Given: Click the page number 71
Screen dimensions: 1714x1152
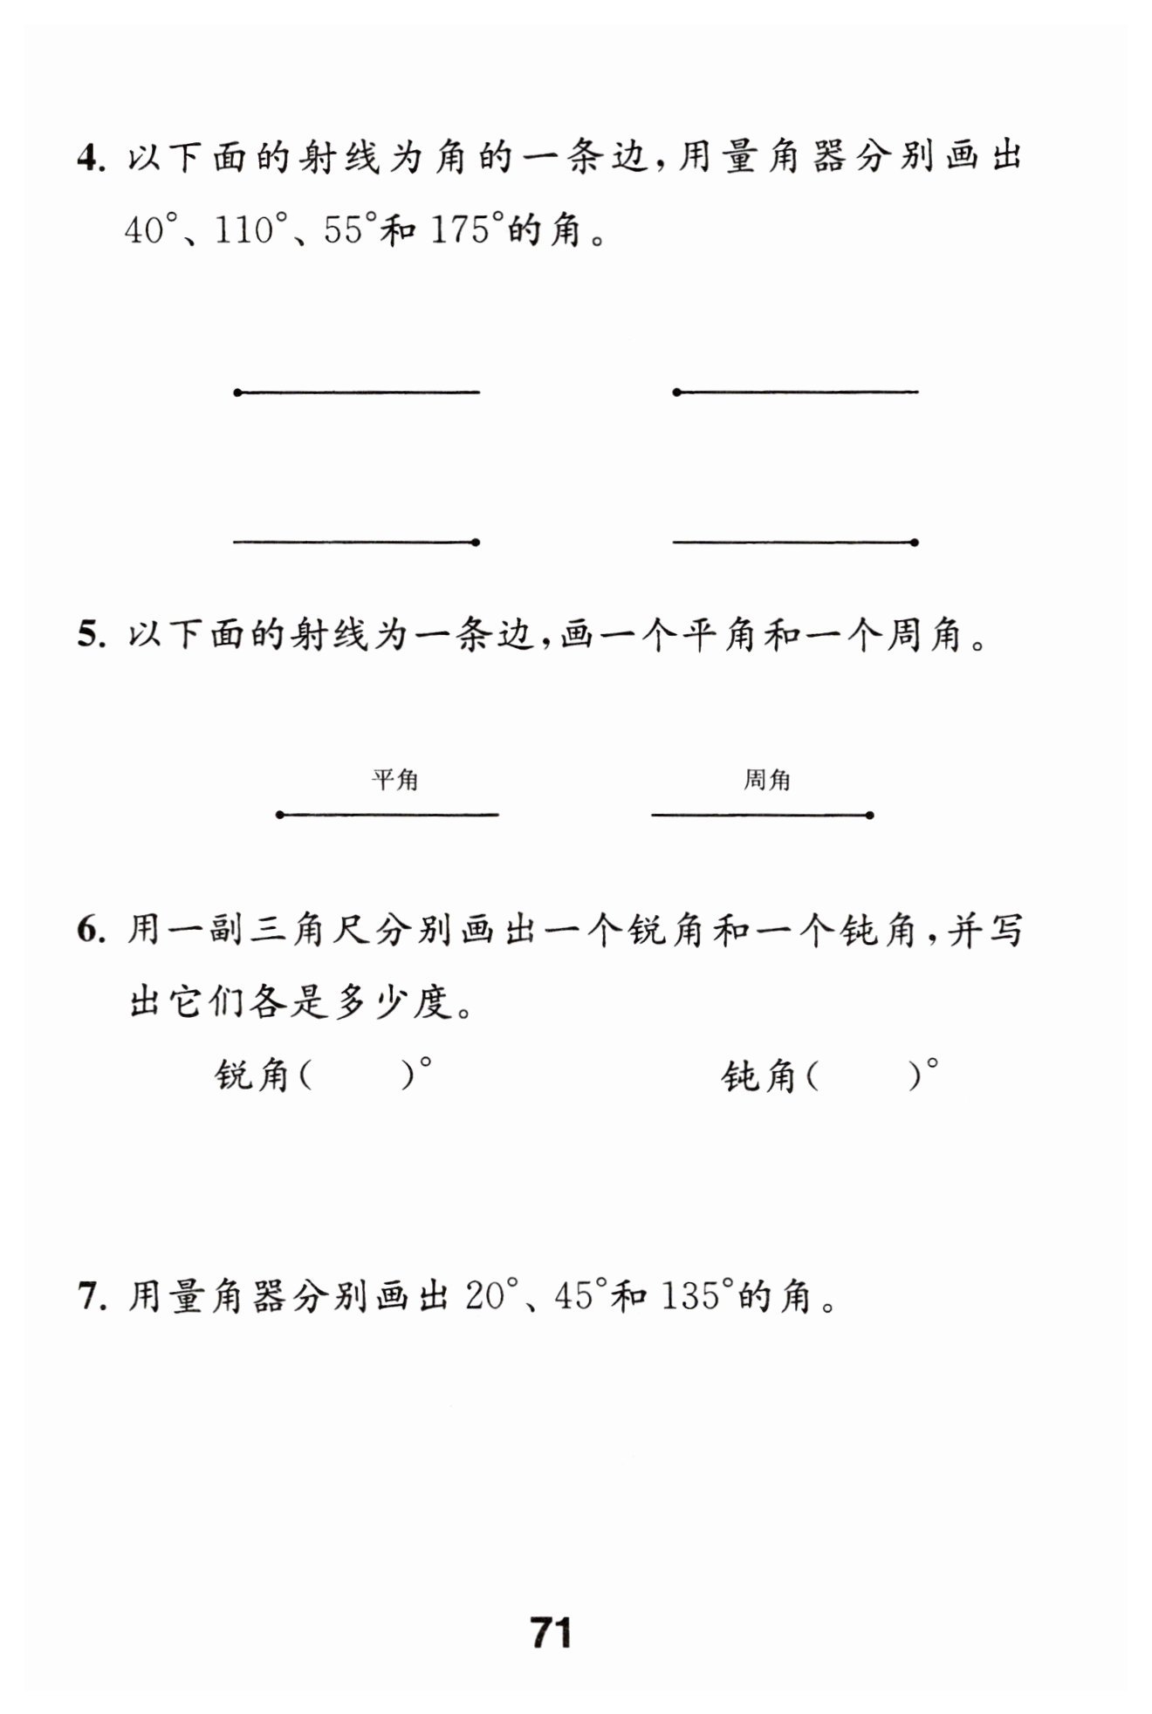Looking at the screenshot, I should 551,1632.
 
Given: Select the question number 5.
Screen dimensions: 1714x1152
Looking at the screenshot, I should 88,635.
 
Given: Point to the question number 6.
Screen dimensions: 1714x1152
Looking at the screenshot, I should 88,931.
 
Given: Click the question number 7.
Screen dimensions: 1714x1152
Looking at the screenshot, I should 88,1297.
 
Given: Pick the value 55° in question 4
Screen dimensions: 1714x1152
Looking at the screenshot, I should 349,230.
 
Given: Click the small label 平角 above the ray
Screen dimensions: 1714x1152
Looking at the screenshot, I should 395,780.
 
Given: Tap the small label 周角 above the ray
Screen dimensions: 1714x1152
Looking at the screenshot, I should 767,780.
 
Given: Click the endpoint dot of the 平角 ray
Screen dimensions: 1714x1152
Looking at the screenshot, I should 280,815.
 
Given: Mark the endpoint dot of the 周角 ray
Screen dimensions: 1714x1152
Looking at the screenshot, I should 870,816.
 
